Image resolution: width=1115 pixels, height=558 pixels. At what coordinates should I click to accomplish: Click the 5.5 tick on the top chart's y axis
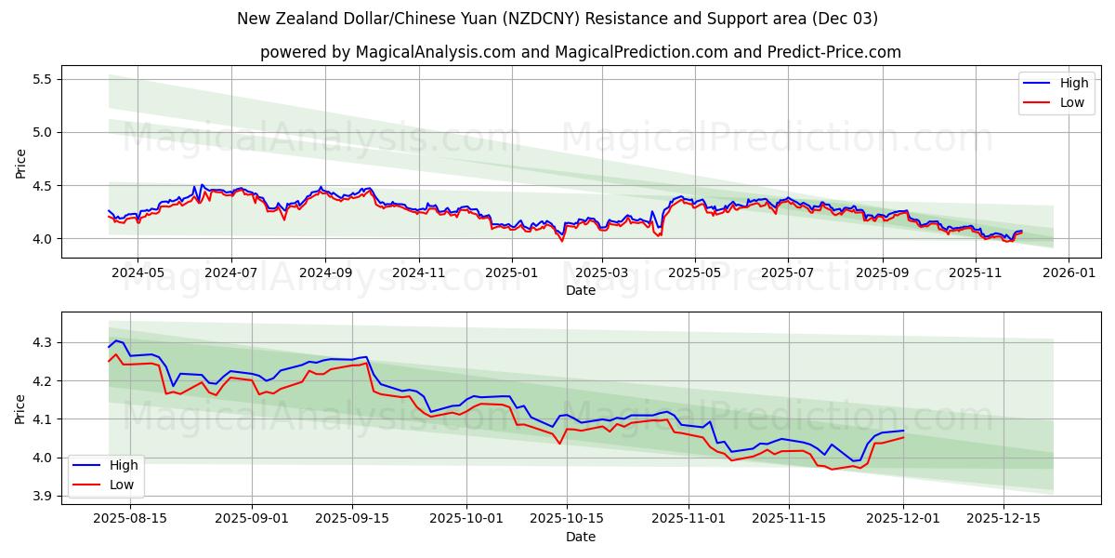click(x=42, y=79)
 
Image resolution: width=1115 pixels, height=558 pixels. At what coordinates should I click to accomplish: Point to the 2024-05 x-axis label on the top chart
click(x=137, y=273)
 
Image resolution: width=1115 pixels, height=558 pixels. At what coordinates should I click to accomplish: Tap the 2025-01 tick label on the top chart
click(x=511, y=273)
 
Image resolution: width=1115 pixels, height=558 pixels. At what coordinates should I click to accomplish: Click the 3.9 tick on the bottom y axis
click(x=42, y=496)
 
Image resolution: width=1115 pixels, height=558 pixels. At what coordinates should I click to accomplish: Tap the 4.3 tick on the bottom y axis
click(x=42, y=343)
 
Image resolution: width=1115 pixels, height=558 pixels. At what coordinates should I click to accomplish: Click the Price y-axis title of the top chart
click(x=20, y=162)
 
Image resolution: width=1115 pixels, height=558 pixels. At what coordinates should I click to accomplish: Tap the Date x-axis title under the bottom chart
click(x=581, y=537)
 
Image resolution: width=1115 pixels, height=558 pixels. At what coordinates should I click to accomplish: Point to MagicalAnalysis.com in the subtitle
click(x=436, y=52)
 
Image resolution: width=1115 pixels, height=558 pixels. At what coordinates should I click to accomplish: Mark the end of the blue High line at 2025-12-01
click(x=903, y=431)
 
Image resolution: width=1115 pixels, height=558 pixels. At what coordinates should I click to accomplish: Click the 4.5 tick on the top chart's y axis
click(x=42, y=186)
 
